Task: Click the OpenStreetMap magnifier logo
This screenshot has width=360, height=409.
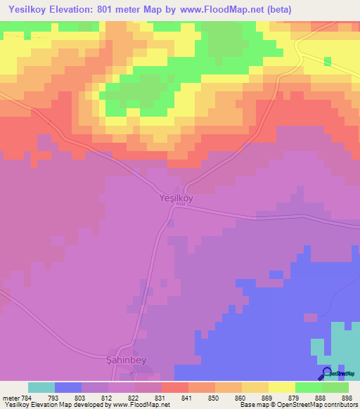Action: (326, 374)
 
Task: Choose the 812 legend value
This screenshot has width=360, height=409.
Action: (108, 398)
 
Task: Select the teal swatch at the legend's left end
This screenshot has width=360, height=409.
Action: (41, 387)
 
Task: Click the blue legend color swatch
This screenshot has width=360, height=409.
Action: (68, 387)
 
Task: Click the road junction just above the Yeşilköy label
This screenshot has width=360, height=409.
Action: (186, 186)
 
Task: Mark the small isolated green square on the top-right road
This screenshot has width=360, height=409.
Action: (328, 61)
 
